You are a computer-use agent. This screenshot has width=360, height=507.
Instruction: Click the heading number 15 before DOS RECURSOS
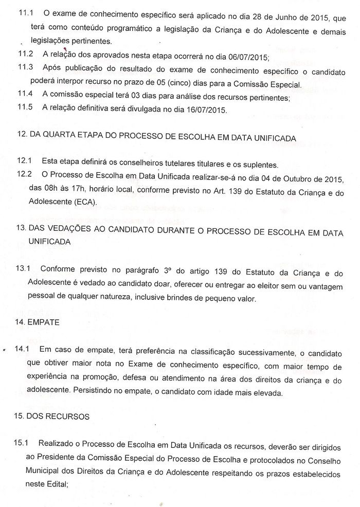(x=21, y=417)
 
